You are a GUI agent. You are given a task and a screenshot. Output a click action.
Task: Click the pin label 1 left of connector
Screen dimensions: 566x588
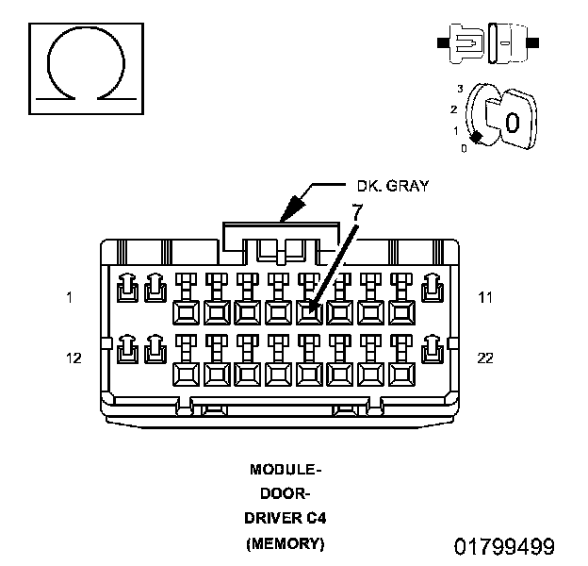point(69,297)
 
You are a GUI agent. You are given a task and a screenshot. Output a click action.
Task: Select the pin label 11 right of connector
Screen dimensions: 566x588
point(485,297)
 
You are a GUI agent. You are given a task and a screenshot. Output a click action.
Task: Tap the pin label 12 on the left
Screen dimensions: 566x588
point(74,358)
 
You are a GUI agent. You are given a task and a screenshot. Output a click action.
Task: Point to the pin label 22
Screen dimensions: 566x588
point(485,358)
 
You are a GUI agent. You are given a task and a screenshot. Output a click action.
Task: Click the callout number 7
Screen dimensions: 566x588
point(357,213)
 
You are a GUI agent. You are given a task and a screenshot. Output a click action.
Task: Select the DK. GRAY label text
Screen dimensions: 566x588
point(392,186)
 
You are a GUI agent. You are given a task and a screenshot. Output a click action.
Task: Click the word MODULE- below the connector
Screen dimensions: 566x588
point(286,469)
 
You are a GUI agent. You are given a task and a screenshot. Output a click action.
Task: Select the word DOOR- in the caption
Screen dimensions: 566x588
point(286,493)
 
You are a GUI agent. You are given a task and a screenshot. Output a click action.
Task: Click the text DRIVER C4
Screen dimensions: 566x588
point(286,519)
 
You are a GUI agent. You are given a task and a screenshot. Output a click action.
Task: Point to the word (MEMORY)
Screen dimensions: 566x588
point(286,543)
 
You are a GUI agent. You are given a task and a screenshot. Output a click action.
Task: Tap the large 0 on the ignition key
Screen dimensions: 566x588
point(512,123)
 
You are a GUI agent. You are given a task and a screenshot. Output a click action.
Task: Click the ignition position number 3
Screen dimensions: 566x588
point(460,88)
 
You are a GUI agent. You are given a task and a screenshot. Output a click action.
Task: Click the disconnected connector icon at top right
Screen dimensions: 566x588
point(487,43)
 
